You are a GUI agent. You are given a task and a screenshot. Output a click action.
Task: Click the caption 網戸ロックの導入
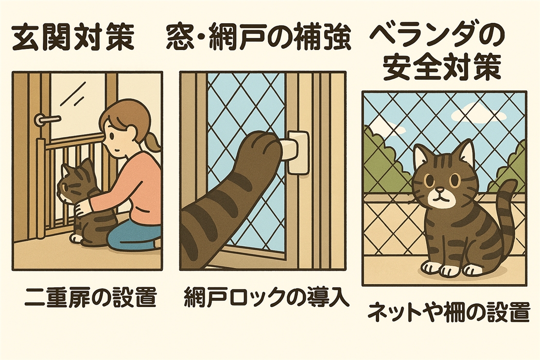pos(266,297)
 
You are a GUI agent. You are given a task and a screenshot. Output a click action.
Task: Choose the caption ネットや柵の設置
pos(448,312)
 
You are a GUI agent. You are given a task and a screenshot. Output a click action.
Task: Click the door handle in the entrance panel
pos(46,119)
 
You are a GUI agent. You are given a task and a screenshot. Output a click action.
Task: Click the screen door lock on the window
pos(296,151)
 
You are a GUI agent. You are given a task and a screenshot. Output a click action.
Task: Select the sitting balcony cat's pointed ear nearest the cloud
pos(466,152)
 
